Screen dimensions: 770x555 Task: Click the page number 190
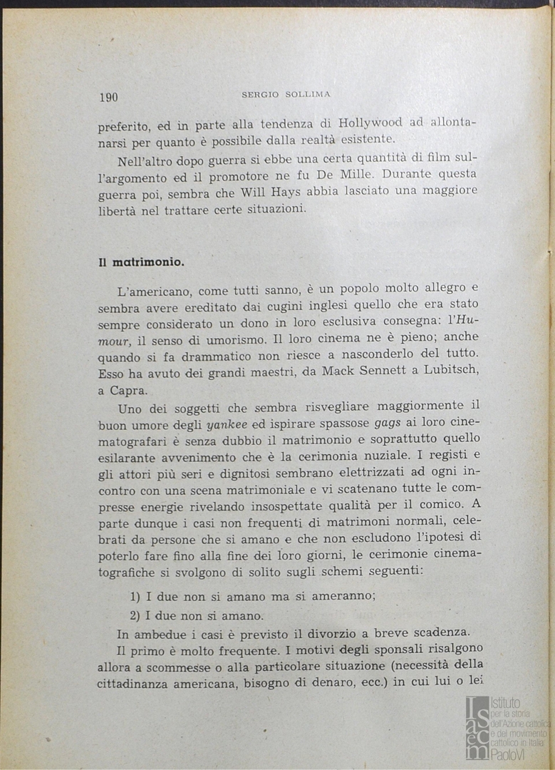(x=108, y=98)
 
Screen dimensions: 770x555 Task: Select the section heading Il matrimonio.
(x=142, y=262)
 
